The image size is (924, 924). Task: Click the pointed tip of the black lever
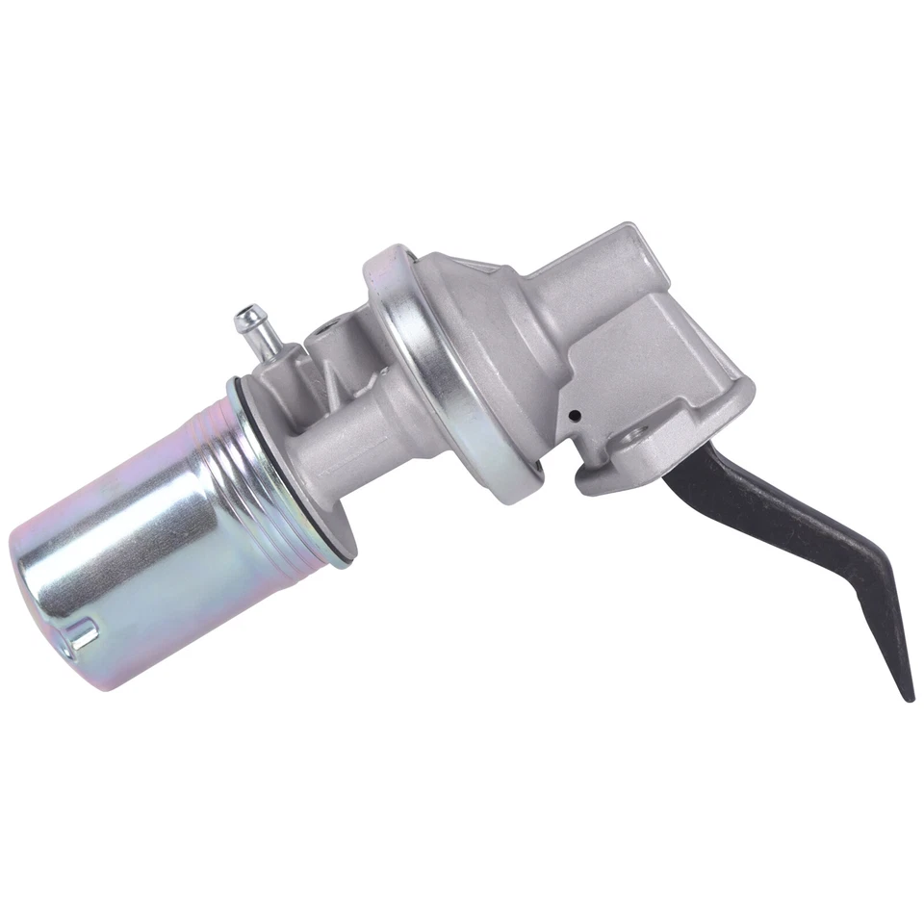(909, 695)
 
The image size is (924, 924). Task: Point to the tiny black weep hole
(575, 416)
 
